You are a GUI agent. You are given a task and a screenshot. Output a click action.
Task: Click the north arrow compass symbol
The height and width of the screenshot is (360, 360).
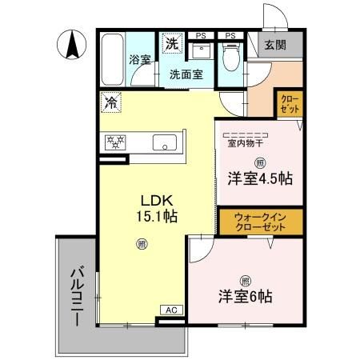point(71,43)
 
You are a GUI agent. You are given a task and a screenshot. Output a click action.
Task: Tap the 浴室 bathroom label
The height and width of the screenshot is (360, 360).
point(140,58)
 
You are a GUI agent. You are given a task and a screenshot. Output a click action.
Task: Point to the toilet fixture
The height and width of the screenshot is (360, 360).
point(230,57)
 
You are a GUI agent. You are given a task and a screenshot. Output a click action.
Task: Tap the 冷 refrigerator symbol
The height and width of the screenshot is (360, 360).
point(112,102)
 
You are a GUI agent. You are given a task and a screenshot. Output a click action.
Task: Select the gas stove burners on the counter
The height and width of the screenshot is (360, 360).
point(117,142)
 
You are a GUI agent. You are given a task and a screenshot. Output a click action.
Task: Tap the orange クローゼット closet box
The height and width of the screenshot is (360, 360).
point(289,103)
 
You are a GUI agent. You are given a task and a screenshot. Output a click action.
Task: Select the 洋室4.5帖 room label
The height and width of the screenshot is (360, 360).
point(258,178)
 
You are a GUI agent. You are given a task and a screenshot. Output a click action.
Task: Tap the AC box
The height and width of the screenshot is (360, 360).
point(170,309)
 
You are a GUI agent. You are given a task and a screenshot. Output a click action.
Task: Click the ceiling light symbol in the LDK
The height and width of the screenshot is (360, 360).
point(142,243)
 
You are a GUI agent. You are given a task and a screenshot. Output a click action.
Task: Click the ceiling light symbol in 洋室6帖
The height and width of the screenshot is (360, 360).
point(246,279)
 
